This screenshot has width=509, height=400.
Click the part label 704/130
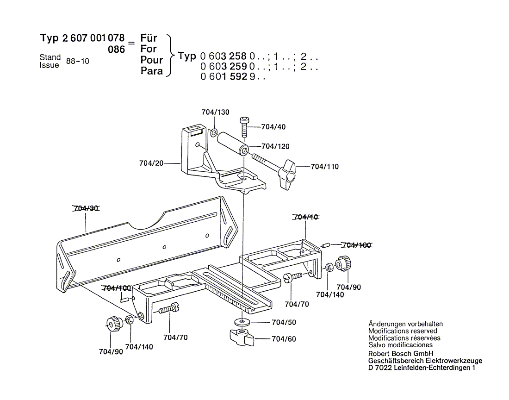tap(215, 112)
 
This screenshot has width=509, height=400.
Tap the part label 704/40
tap(273, 127)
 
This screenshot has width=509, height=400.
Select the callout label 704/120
tap(275, 146)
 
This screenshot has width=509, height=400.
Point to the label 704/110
tap(324, 166)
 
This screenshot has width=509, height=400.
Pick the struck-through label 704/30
tap(86, 208)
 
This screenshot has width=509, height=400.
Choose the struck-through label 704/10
tap(305, 217)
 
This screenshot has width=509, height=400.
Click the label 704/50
tap(284, 322)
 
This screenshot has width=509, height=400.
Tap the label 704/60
tap(284, 339)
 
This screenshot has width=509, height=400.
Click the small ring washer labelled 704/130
tap(214, 133)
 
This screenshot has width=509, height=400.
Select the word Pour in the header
tap(152, 60)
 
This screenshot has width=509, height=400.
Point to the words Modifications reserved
tap(403, 331)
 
